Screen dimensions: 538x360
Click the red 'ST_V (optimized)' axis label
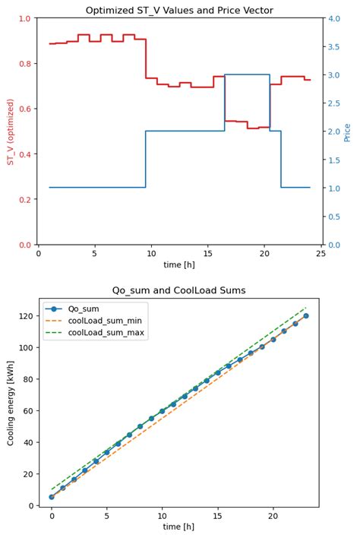[x=11, y=131]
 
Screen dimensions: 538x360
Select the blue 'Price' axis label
[x=347, y=131]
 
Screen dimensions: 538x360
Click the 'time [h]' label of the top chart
[x=179, y=265]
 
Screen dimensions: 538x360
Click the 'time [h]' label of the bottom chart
[x=179, y=526]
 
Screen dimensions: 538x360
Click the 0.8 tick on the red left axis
[x=24, y=64]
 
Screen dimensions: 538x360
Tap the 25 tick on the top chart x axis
[x=321, y=254]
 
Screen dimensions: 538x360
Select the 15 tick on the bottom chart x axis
[x=218, y=515]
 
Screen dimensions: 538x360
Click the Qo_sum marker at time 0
[x=52, y=497]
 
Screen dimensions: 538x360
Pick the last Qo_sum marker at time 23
[x=306, y=315]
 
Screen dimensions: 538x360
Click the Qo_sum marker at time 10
[x=163, y=411]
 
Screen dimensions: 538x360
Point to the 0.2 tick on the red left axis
[x=24, y=200]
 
